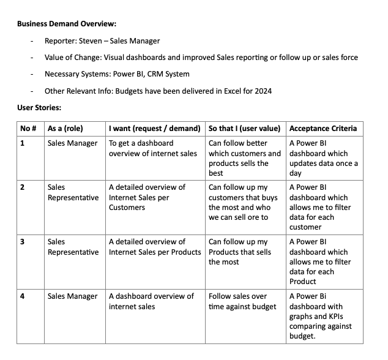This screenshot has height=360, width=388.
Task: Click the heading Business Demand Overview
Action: [67, 24]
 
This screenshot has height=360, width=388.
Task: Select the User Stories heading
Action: [39, 107]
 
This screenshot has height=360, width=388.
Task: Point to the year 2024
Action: [263, 91]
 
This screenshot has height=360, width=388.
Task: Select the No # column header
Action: [29, 129]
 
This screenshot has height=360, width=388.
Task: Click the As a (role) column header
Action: [65, 129]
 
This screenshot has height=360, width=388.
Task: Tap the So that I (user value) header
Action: [244, 129]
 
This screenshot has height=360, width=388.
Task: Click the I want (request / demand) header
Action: [154, 129]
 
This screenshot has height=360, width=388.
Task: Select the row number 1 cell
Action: [23, 143]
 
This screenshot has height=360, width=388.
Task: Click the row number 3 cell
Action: [23, 242]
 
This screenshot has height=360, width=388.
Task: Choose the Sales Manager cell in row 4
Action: [72, 296]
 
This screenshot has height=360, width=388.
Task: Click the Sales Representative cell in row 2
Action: [72, 192]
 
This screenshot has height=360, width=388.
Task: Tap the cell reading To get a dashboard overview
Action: [152, 148]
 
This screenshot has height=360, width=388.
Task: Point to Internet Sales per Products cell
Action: [154, 247]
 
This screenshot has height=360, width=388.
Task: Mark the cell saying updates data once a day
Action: [323, 158]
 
